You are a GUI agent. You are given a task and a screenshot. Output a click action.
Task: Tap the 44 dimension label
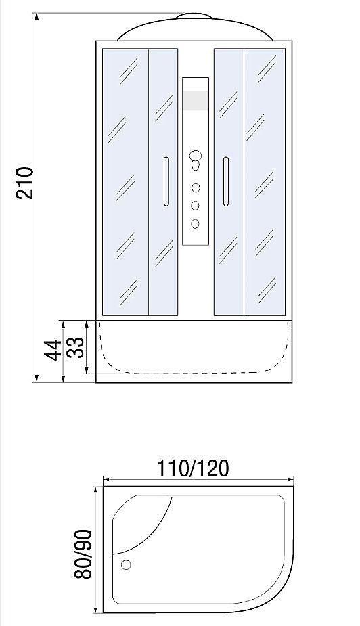pyautogui.click(x=53, y=351)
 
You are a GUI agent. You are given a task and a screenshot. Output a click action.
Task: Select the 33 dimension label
pyautogui.click(x=76, y=347)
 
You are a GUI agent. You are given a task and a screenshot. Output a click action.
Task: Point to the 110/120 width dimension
pyautogui.click(x=193, y=468)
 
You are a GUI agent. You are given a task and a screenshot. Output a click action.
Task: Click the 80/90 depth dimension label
pyautogui.click(x=83, y=554)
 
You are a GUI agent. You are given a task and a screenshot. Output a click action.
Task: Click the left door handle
pyautogui.click(x=166, y=181)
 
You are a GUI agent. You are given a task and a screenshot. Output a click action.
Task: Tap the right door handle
pyautogui.click(x=226, y=181)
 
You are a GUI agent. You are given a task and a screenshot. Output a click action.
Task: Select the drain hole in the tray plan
pyautogui.click(x=126, y=565)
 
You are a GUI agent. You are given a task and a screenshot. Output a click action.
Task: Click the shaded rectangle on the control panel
pyautogui.click(x=196, y=100)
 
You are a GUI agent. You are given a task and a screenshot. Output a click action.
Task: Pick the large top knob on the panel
pyautogui.click(x=196, y=155)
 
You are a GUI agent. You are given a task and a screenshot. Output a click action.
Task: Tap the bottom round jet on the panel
pyautogui.click(x=195, y=223)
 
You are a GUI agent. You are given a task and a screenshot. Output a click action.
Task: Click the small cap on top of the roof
pyautogui.click(x=194, y=16)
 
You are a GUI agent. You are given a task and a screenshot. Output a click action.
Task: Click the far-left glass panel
pyautogui.click(x=125, y=182)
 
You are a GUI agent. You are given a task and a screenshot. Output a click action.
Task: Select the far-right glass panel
pyautogui.click(x=265, y=182)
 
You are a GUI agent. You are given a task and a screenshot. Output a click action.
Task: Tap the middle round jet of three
pyautogui.click(x=195, y=206)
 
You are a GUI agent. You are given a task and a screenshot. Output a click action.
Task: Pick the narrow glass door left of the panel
pyautogui.click(x=163, y=182)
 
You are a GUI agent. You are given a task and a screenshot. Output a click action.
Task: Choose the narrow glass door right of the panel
pyautogui.click(x=229, y=182)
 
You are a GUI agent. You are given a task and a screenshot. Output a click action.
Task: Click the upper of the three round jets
pyautogui.click(x=195, y=187)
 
